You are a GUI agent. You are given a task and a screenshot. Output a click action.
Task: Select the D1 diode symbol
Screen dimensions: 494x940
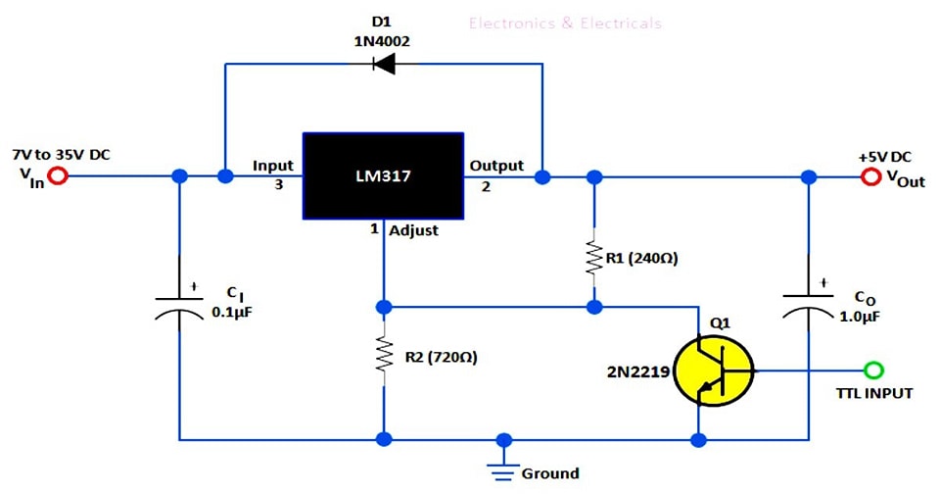[383, 66]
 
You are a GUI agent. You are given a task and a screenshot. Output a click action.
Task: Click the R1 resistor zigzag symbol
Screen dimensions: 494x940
[593, 258]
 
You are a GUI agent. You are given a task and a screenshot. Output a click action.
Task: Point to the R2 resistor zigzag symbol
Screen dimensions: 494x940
[383, 358]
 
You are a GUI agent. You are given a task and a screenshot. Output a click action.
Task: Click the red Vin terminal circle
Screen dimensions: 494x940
[59, 176]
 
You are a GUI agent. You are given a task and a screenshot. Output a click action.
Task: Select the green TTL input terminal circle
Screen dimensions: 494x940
[874, 370]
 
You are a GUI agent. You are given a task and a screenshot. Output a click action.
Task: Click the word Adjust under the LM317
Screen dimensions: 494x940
[414, 231]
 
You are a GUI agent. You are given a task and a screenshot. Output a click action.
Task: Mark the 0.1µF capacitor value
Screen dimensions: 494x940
[232, 314]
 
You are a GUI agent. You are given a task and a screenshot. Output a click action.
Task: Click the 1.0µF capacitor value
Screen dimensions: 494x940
[862, 316]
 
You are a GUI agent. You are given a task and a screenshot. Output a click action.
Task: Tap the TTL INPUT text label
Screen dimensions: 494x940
[873, 393]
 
